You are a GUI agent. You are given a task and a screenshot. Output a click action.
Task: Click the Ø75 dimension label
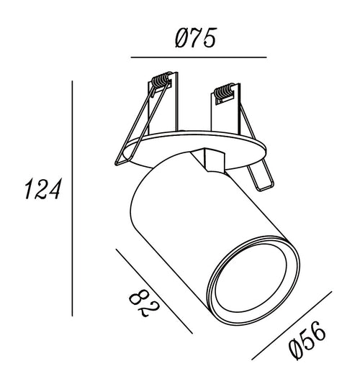(x=196, y=37)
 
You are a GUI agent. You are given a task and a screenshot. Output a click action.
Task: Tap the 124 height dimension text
(x=42, y=188)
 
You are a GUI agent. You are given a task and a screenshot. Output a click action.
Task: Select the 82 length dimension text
(x=144, y=303)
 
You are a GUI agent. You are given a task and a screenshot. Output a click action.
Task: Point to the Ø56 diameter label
(x=307, y=340)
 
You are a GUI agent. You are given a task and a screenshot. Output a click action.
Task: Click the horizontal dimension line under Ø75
(x=199, y=58)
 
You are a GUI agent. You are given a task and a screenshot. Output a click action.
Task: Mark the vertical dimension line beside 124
(x=72, y=198)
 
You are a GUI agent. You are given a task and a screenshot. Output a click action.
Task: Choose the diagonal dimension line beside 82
(x=154, y=291)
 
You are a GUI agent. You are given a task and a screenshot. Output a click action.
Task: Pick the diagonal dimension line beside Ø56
(x=292, y=326)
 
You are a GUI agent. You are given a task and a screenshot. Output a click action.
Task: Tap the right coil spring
(x=224, y=91)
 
